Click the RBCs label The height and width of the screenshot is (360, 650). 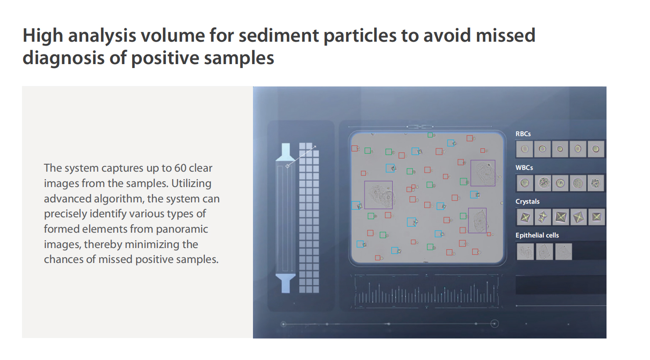click(x=523, y=134)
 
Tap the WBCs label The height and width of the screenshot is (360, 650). click(x=524, y=168)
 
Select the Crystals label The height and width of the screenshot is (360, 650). click(x=527, y=202)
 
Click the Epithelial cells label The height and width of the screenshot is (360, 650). click(x=537, y=235)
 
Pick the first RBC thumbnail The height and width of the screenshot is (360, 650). click(x=525, y=149)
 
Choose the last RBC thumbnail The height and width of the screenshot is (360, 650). click(x=596, y=149)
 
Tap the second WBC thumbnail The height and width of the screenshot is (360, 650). click(x=543, y=183)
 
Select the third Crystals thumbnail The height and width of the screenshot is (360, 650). click(x=560, y=217)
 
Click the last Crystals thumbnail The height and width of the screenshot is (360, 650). click(x=596, y=217)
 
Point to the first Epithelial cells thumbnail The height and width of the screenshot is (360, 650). click(x=525, y=252)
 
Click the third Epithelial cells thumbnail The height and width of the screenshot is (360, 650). click(x=563, y=252)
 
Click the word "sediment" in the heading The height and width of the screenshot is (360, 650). click(x=278, y=36)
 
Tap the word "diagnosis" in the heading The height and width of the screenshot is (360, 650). click(x=63, y=58)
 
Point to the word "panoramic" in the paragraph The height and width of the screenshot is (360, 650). click(x=182, y=230)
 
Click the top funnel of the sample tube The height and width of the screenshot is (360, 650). click(x=285, y=152)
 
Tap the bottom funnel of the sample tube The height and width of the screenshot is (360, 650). click(x=285, y=283)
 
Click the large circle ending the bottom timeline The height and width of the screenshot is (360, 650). click(x=495, y=324)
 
